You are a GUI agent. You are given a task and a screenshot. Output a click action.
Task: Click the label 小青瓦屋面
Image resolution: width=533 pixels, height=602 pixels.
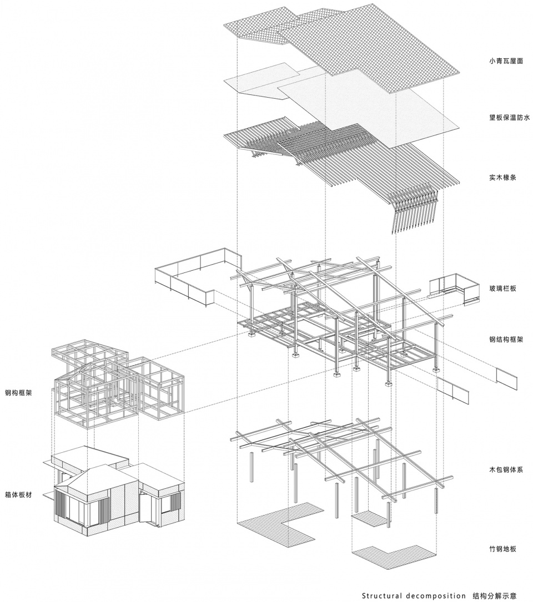pos(506,61)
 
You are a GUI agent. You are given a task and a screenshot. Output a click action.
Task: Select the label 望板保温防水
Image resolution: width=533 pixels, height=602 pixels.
pos(509,118)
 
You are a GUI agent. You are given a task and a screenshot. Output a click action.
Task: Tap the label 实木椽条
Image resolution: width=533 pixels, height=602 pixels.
pos(502,178)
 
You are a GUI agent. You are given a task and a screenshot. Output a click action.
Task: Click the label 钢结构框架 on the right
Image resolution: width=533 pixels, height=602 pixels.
pos(506,340)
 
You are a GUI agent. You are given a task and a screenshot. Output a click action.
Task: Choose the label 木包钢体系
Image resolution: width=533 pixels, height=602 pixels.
pos(506,470)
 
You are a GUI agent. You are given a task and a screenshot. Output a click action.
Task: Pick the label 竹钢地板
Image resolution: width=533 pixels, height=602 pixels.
pos(502,549)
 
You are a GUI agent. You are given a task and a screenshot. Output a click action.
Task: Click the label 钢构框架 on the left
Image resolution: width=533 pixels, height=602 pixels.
pos(18,393)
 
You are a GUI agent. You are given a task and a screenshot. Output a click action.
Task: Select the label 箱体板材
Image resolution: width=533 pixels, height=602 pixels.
pos(18,495)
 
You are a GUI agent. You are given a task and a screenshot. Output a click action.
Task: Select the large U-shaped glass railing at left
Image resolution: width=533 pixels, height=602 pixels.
pos(198,276)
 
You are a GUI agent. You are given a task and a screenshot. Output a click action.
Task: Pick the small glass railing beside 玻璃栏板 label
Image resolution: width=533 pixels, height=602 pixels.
pos(454,288)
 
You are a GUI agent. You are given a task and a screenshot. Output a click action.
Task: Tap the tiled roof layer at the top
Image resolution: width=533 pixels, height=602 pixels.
pos(341,46)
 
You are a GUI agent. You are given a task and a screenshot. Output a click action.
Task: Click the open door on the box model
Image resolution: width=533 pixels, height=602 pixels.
pos(145,507)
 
